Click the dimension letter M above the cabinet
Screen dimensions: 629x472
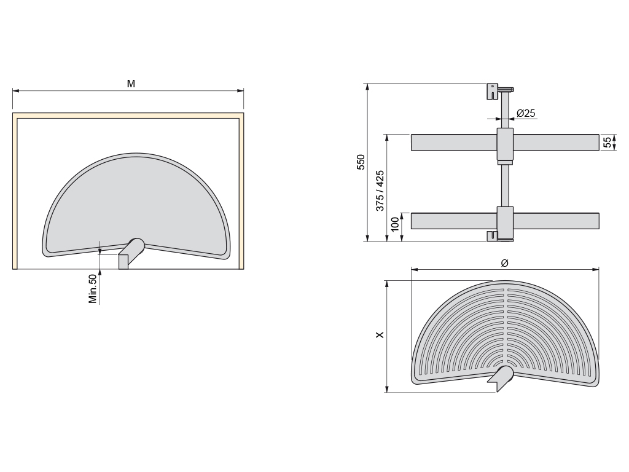click(131, 84)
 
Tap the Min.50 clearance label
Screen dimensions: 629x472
click(93, 289)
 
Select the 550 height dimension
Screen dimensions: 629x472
click(361, 162)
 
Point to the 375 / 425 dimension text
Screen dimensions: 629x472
click(380, 191)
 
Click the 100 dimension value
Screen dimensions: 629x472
click(395, 224)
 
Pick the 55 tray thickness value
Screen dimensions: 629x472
click(608, 142)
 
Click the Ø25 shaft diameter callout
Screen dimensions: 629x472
click(526, 113)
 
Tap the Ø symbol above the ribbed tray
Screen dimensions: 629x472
click(505, 263)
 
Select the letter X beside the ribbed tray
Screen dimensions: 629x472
click(380, 334)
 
